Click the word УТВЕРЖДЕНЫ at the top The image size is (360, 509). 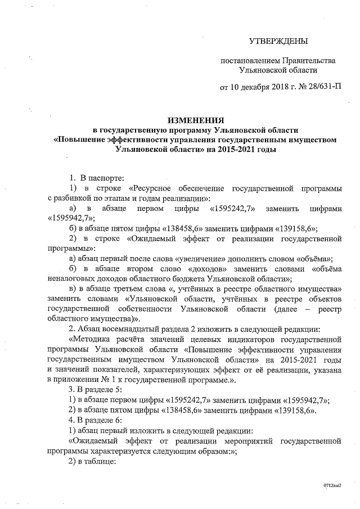[279, 42]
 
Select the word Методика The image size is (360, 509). [91, 339]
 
